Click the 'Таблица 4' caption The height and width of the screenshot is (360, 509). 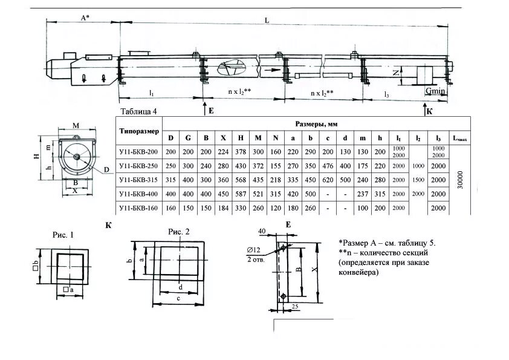[x=138, y=111]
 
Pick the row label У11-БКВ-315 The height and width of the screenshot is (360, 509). [x=139, y=180]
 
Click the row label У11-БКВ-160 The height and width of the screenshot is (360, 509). [x=139, y=208]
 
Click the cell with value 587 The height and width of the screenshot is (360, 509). [x=241, y=194]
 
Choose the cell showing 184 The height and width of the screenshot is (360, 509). [x=223, y=208]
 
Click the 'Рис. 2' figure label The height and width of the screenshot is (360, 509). [x=179, y=232]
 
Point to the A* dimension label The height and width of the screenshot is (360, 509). [x=85, y=18]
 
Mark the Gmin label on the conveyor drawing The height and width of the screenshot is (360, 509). [x=435, y=91]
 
